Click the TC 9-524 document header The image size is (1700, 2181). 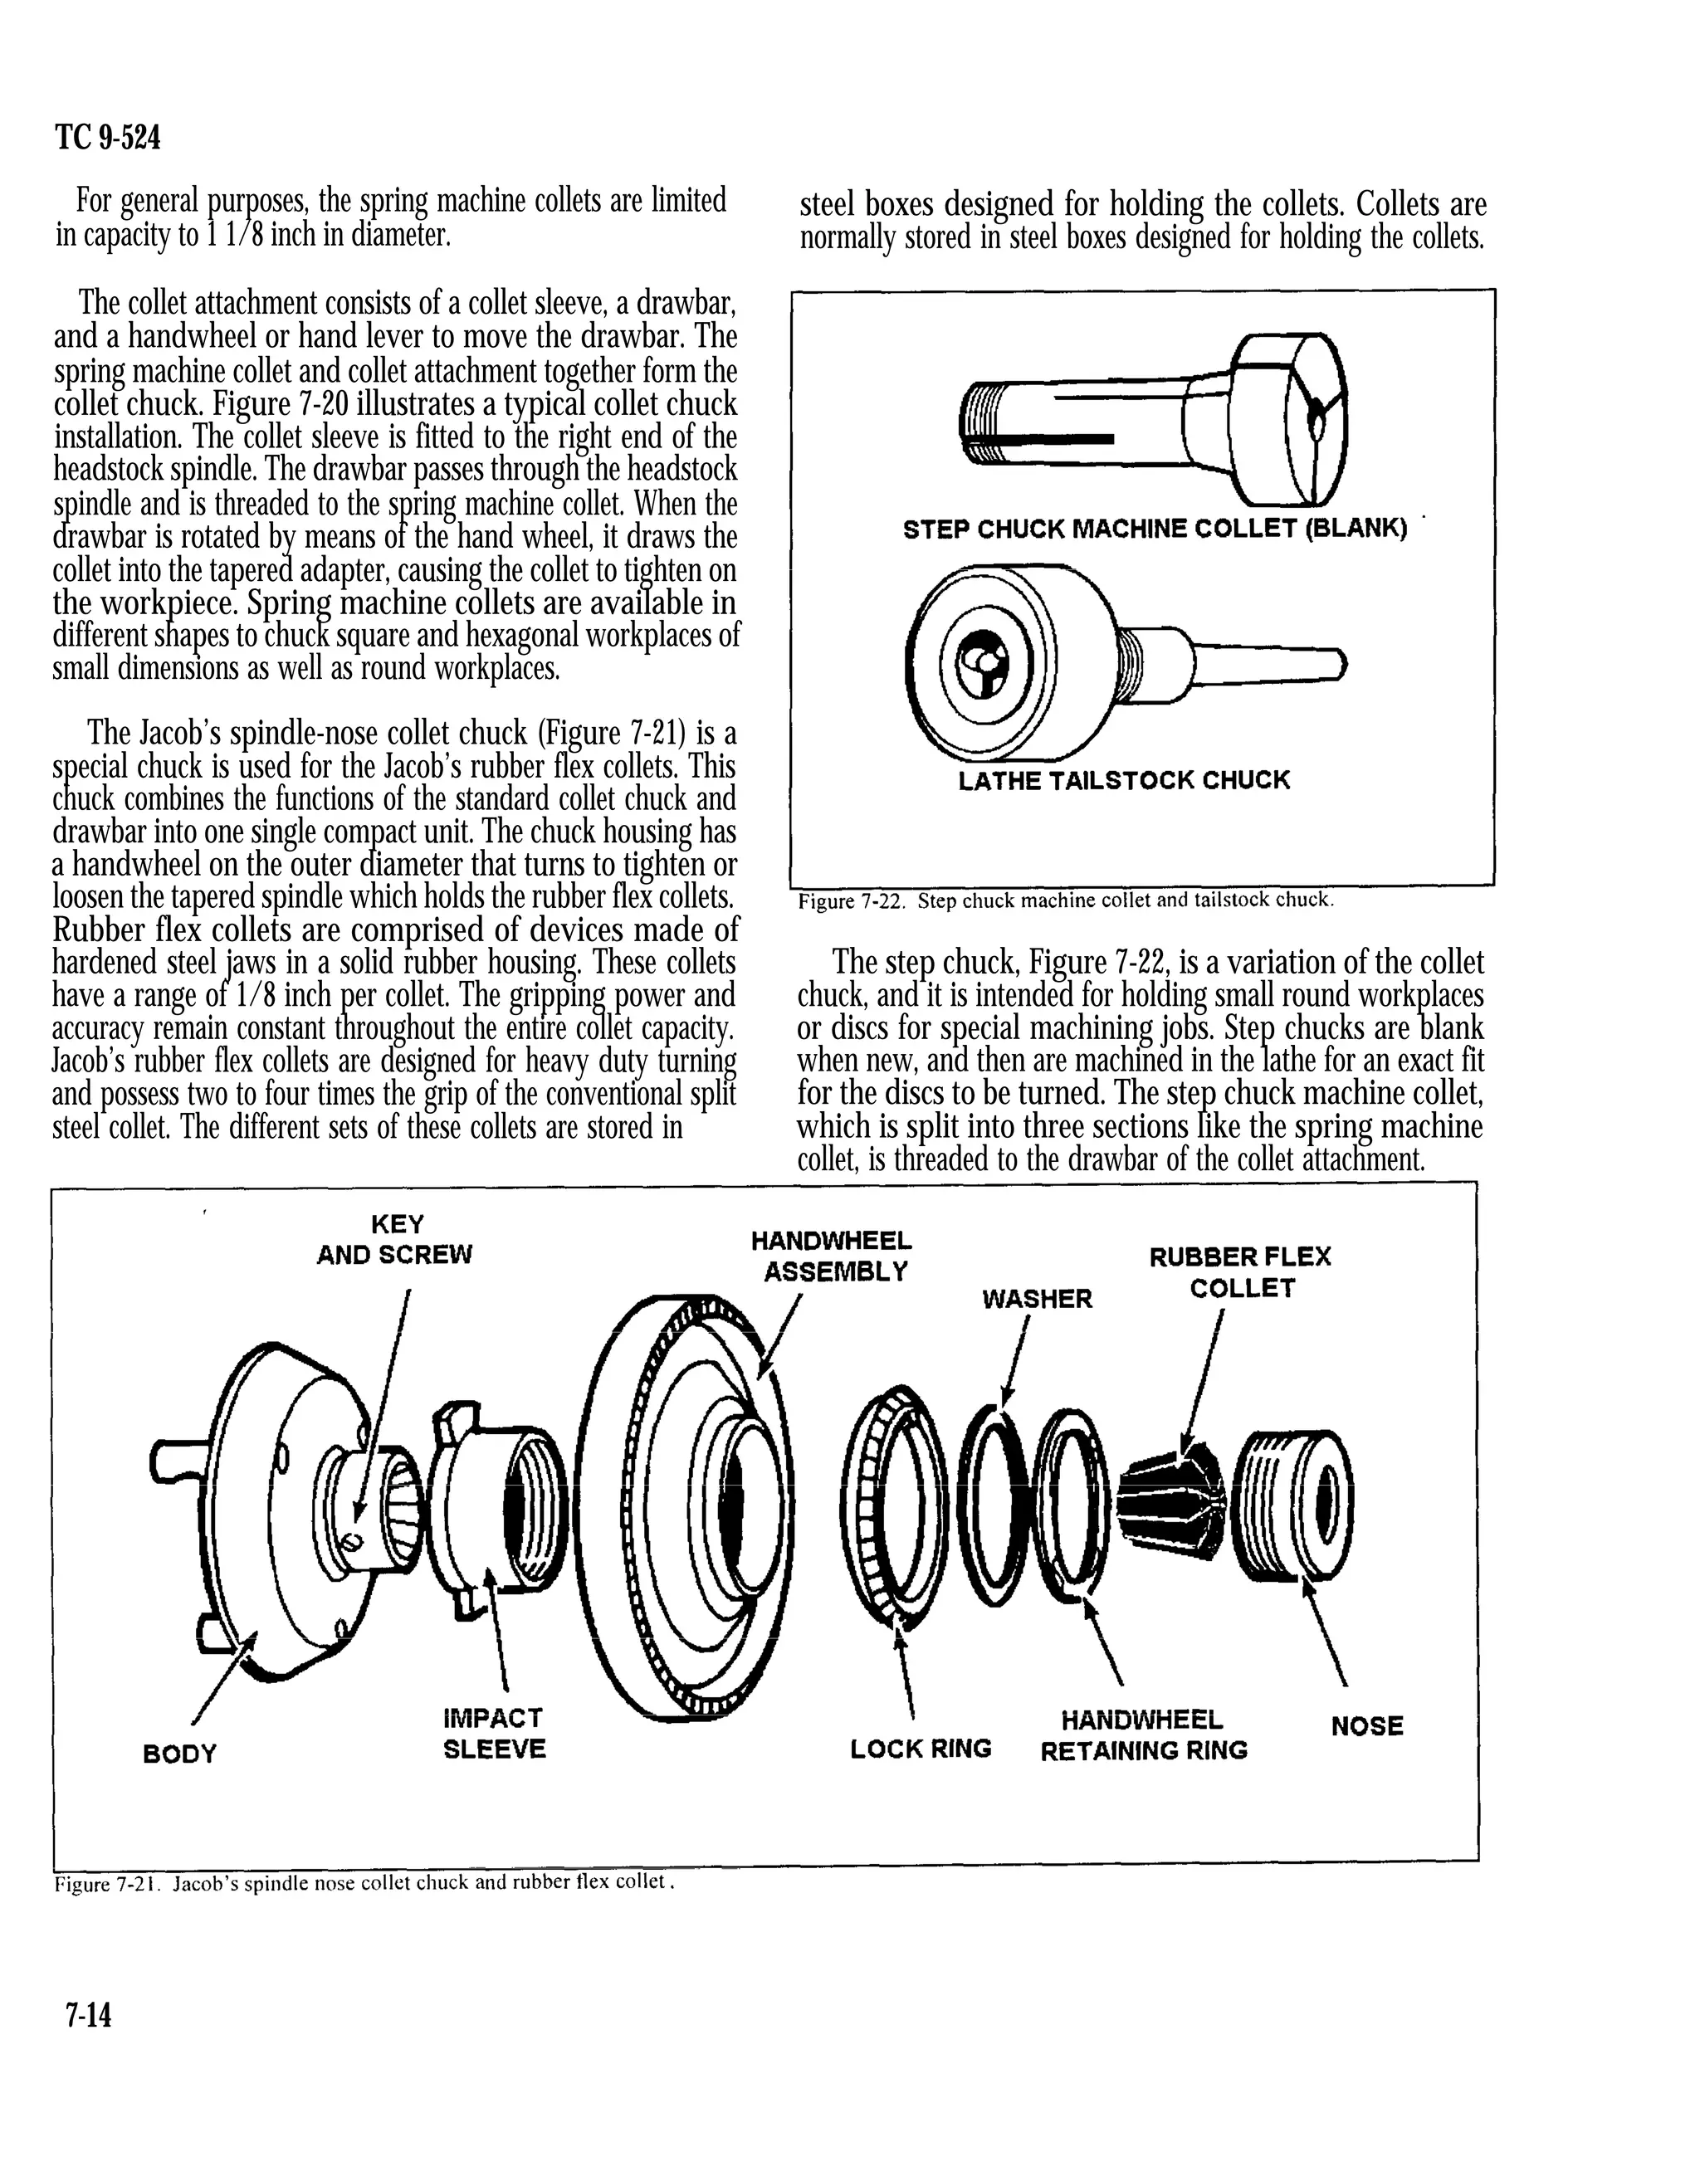coord(108,138)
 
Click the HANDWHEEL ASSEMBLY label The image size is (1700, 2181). coord(832,1256)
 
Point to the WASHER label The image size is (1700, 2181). coord(1037,1298)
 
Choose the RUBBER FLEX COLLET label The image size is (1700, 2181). coord(1239,1271)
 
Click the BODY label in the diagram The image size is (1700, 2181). coord(180,1754)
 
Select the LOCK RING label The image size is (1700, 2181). coord(920,1748)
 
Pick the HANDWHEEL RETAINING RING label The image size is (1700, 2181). coord(1143,1735)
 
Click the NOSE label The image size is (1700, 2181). coord(1366,1725)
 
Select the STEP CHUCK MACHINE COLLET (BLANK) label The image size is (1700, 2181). coord(1155,529)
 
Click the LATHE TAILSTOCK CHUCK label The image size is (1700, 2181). coord(1124,780)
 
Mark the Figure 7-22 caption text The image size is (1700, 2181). coord(1065,900)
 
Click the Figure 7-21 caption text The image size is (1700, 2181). coord(362,1883)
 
